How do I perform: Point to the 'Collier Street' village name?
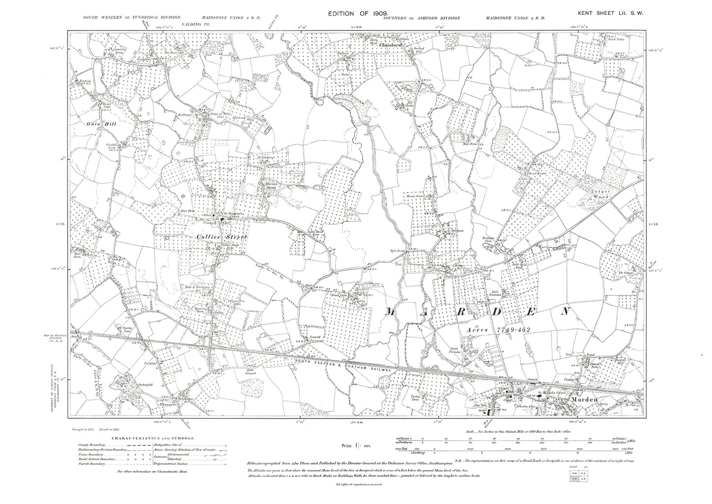click(x=221, y=237)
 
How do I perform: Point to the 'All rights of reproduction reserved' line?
click(x=358, y=499)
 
